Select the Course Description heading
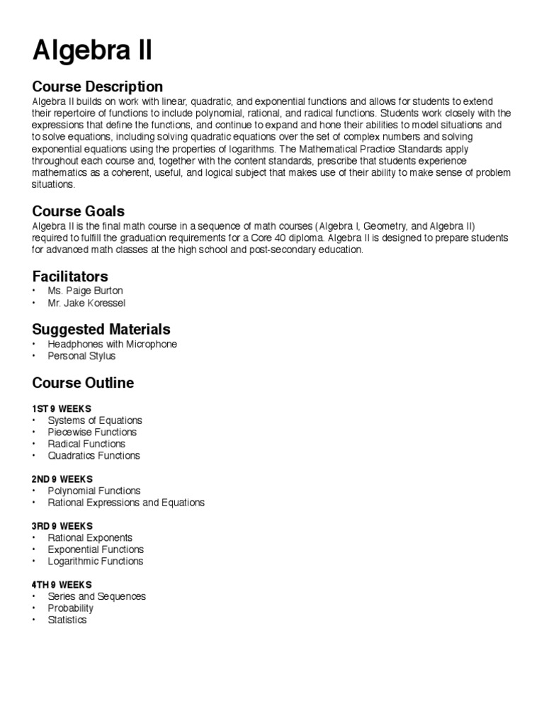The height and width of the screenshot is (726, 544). tap(98, 87)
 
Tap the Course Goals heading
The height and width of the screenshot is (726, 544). tap(79, 211)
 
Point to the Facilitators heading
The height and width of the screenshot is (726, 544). tap(70, 276)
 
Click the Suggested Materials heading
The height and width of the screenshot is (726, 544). tap(101, 329)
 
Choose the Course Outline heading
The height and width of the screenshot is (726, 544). tap(83, 383)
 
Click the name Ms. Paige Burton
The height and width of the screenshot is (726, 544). tap(85, 291)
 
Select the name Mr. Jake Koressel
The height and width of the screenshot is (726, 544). tap(86, 303)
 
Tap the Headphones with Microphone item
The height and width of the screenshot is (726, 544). tap(112, 344)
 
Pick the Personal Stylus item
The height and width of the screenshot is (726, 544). tap(81, 356)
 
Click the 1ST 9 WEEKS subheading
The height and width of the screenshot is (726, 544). tap(62, 408)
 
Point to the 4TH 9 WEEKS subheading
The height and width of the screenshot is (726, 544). tap(62, 584)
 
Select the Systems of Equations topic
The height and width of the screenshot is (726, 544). tap(95, 420)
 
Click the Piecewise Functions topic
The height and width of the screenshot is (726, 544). tap(92, 432)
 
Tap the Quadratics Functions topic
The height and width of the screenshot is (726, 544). tap(93, 455)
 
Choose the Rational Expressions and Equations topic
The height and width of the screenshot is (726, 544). tap(126, 503)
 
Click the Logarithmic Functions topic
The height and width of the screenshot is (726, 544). tap(96, 561)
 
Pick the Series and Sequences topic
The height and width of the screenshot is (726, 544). tap(96, 596)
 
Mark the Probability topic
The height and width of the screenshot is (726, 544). tap(70, 608)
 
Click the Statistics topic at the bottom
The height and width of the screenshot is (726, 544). tap(67, 620)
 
